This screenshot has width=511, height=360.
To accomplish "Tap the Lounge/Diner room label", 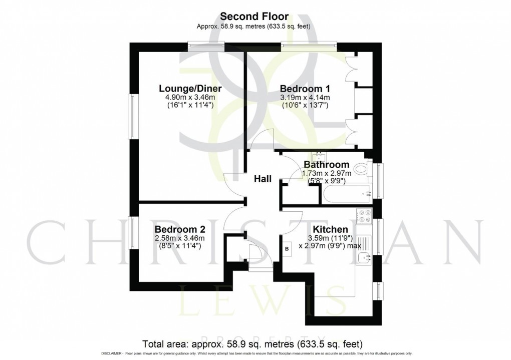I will click(190, 89).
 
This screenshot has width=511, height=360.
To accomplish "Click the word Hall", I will click(263, 179).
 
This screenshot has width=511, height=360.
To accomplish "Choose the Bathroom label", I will click(327, 164).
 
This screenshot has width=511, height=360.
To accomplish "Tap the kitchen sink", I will click(364, 258).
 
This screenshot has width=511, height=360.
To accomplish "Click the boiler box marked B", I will click(287, 249).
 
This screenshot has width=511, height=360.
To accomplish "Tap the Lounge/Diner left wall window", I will click(132, 115).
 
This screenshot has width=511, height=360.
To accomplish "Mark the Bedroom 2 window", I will click(132, 236).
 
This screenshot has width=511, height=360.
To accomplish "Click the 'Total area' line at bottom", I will click(252, 344).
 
